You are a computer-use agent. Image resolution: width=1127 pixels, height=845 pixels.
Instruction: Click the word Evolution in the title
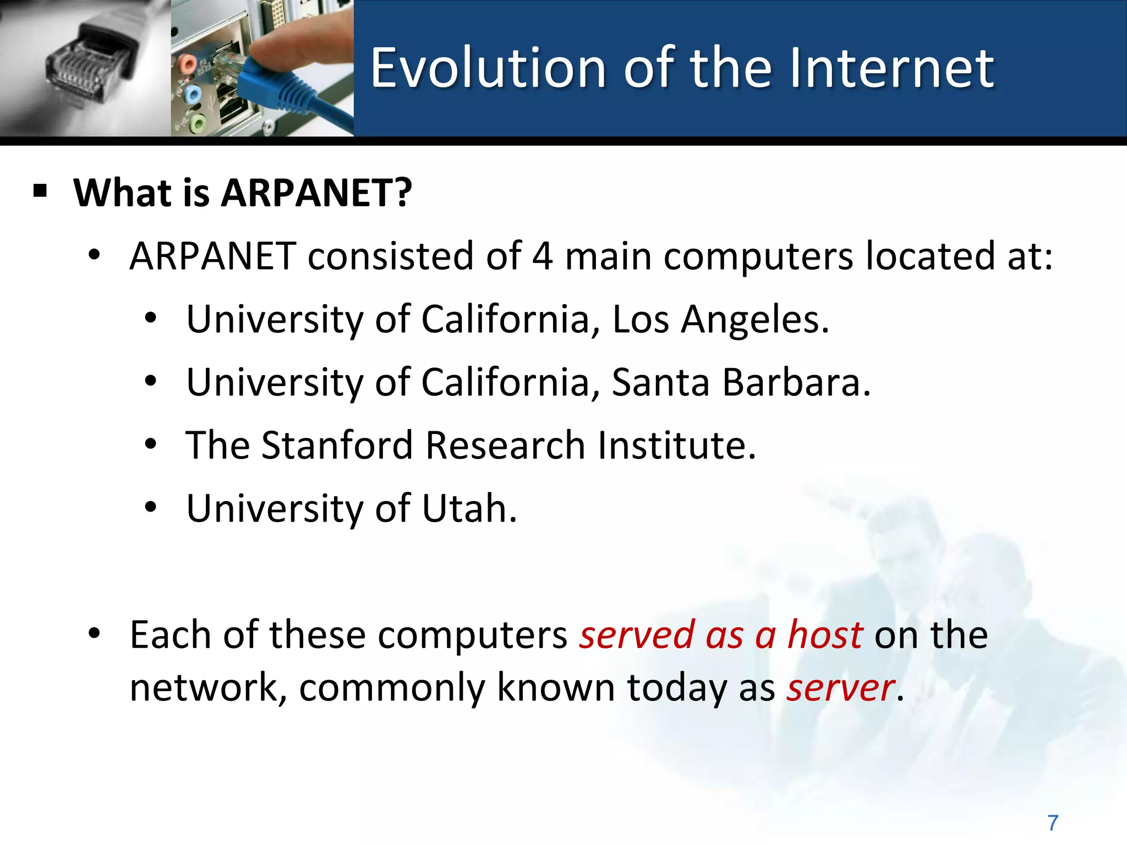pos(488,68)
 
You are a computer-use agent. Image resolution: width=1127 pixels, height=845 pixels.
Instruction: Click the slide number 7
pos(1053,823)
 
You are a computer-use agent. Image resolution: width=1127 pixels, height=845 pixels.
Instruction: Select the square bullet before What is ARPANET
pos(40,192)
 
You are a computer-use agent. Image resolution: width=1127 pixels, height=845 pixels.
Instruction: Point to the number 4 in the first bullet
pos(542,256)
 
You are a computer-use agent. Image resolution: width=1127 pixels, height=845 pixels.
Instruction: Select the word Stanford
pos(337,445)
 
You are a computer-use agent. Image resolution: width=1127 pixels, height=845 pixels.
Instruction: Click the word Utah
pos(469,508)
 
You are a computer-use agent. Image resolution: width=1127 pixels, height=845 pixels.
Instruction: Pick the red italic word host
pos(824,635)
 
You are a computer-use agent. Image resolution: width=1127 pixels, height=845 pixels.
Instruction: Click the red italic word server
pos(840,688)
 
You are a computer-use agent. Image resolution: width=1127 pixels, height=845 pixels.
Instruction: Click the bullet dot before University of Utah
pos(151,507)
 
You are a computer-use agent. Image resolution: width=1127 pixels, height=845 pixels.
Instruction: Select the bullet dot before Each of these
pos(95,634)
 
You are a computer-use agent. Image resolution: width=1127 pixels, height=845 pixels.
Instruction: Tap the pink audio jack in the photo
pos(188,64)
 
